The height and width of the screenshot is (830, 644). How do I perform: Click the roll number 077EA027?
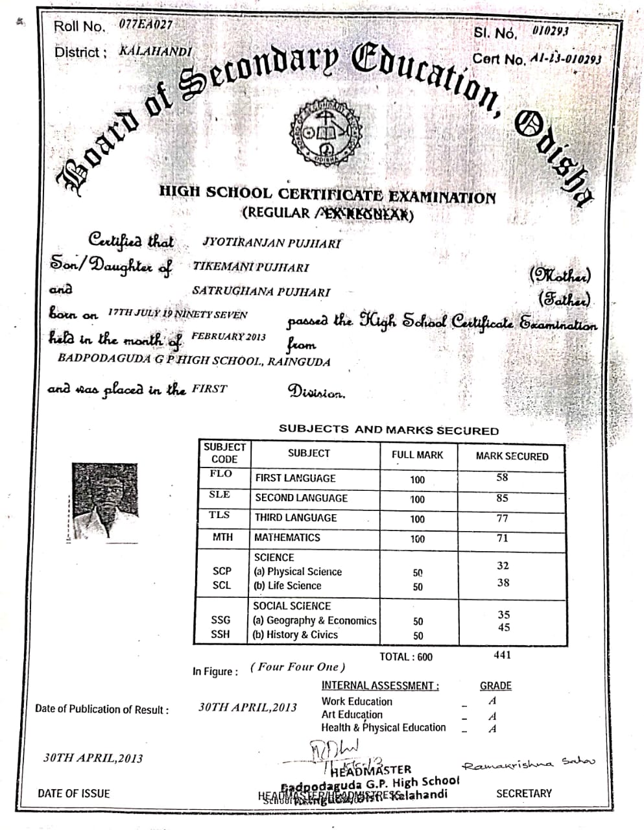click(x=145, y=25)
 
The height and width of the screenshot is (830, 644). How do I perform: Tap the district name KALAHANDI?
click(x=156, y=51)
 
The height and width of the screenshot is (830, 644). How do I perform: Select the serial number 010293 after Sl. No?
click(x=550, y=30)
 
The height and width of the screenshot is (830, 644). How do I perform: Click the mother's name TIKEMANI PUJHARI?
click(x=250, y=267)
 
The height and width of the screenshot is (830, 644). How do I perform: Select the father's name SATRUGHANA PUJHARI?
click(x=261, y=292)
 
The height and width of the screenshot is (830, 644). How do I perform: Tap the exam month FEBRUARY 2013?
click(x=229, y=337)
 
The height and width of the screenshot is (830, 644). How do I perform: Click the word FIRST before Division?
click(x=209, y=389)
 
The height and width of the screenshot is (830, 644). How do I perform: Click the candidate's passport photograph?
click(x=105, y=501)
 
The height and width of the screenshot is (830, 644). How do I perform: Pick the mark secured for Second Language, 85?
click(x=502, y=498)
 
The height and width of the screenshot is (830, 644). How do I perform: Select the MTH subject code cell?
click(x=222, y=538)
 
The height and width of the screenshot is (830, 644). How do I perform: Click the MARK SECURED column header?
click(x=512, y=456)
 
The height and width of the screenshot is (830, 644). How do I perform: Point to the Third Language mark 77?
click(x=502, y=518)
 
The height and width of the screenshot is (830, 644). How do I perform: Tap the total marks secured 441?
click(x=502, y=655)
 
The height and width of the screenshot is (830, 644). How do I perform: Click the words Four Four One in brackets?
click(x=298, y=667)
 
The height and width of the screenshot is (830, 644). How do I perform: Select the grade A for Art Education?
click(x=492, y=715)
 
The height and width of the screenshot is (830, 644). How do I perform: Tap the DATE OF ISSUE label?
click(x=74, y=793)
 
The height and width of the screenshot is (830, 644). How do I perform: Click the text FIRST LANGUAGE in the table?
click(x=295, y=478)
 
